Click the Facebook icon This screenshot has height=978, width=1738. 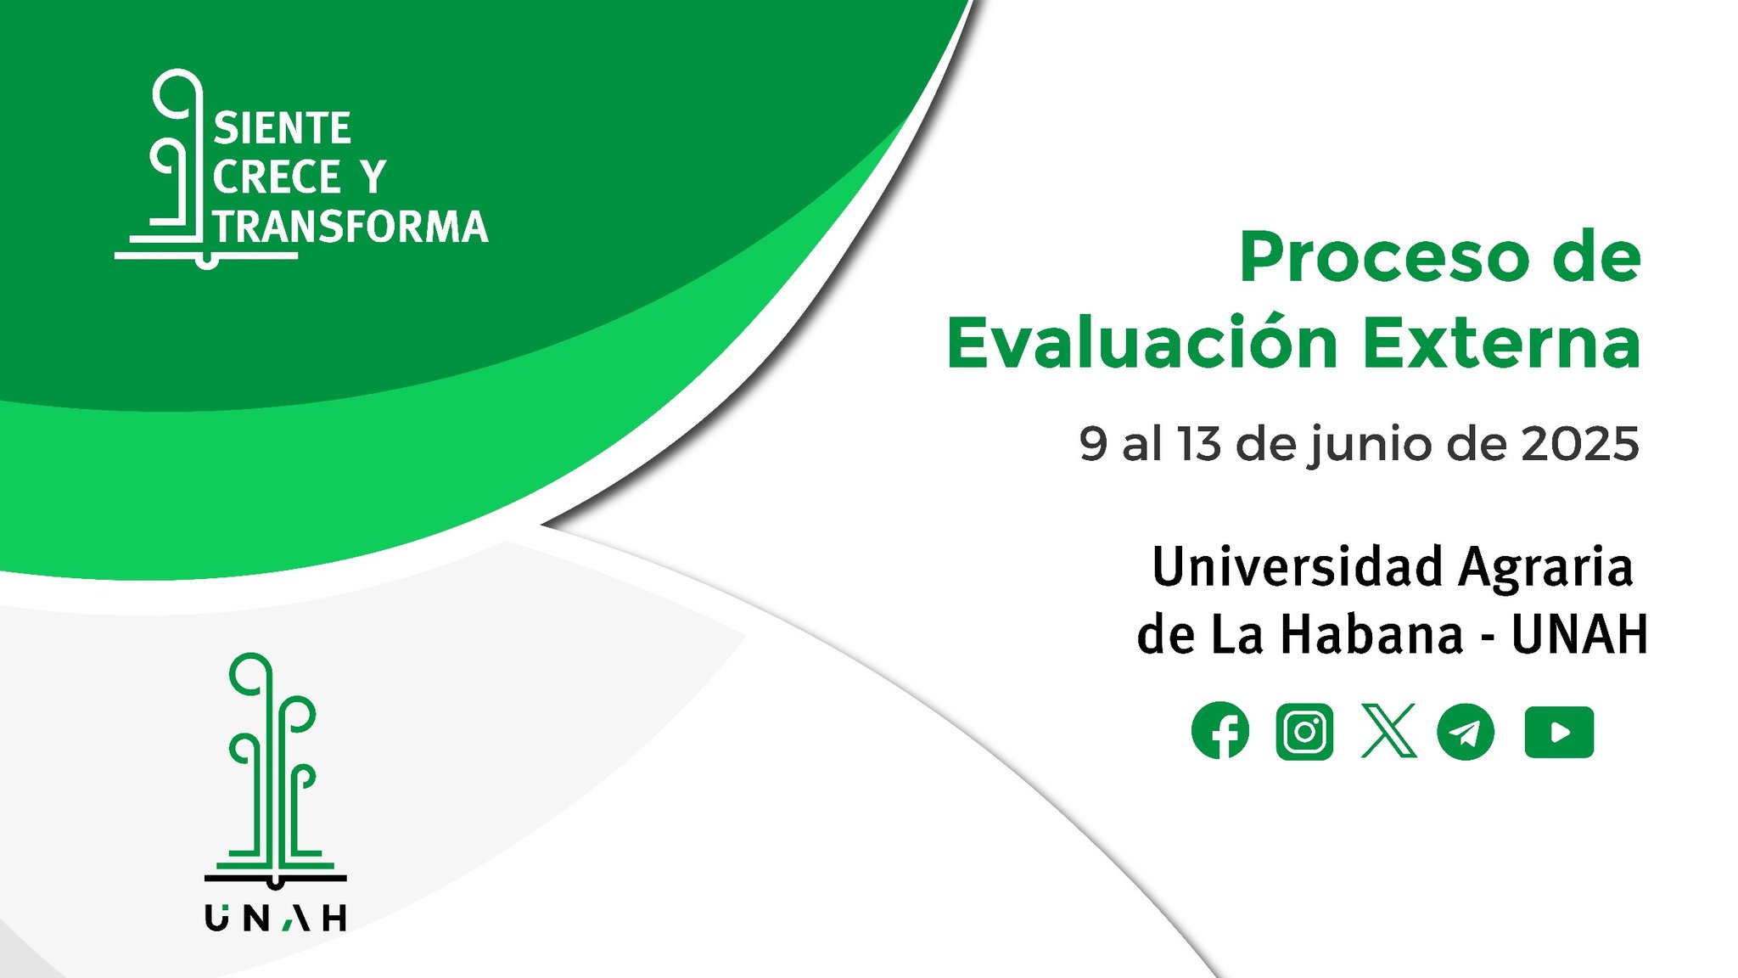(1220, 730)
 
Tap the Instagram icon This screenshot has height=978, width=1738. (1304, 731)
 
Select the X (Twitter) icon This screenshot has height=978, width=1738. (1388, 730)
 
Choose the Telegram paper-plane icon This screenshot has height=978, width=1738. (1466, 731)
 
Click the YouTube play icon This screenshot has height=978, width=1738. (1559, 731)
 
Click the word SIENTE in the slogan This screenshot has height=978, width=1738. (282, 129)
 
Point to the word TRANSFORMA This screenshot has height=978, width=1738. (350, 227)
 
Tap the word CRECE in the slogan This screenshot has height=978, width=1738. (277, 177)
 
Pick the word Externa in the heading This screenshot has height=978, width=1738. (1502, 344)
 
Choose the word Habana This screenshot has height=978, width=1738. (1371, 633)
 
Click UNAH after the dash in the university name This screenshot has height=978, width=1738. (1579, 634)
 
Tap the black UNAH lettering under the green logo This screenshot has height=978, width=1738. (276, 918)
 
